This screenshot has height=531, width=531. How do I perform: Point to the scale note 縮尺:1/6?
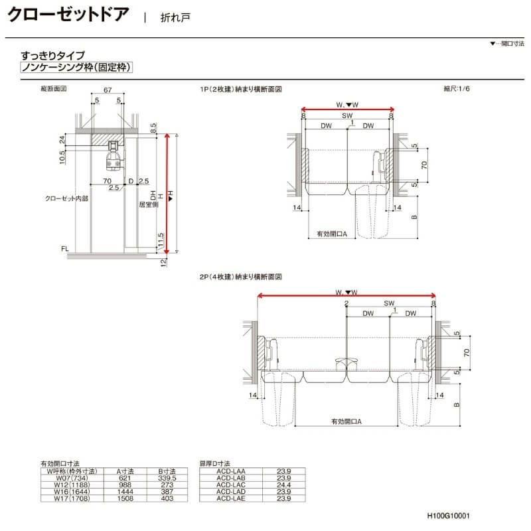457,88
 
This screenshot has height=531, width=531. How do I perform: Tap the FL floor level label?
64,249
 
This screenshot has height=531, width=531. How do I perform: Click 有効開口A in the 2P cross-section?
350,421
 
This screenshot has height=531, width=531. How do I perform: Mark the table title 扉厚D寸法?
214,465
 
